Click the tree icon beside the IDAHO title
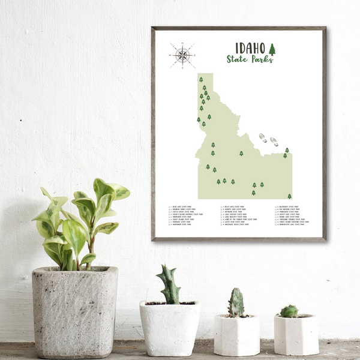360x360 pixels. click(x=272, y=49)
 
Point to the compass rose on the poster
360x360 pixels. click(x=182, y=55)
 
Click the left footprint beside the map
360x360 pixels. click(x=263, y=138)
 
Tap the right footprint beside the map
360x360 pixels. click(x=274, y=142)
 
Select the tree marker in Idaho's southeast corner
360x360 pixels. click(x=289, y=196)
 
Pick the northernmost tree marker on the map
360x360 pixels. click(x=201, y=79)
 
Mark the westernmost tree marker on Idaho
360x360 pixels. click(x=199, y=119)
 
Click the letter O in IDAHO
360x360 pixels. click(x=263, y=47)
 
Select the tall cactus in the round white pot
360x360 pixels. click(x=170, y=284)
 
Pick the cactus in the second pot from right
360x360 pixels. click(x=236, y=303)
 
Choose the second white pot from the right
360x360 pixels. click(x=237, y=335)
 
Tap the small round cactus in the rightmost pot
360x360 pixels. click(x=289, y=311)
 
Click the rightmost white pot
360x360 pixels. click(x=296, y=334)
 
